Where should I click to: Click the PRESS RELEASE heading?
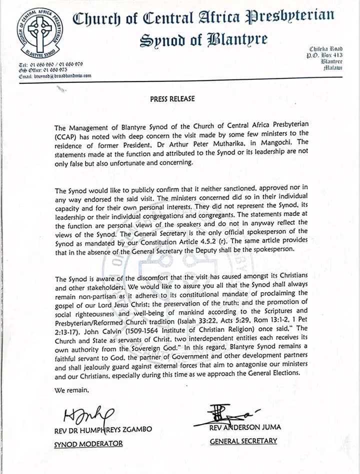click(x=172, y=99)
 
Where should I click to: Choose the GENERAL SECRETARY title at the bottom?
click(x=243, y=442)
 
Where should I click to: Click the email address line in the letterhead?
click(x=55, y=75)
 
